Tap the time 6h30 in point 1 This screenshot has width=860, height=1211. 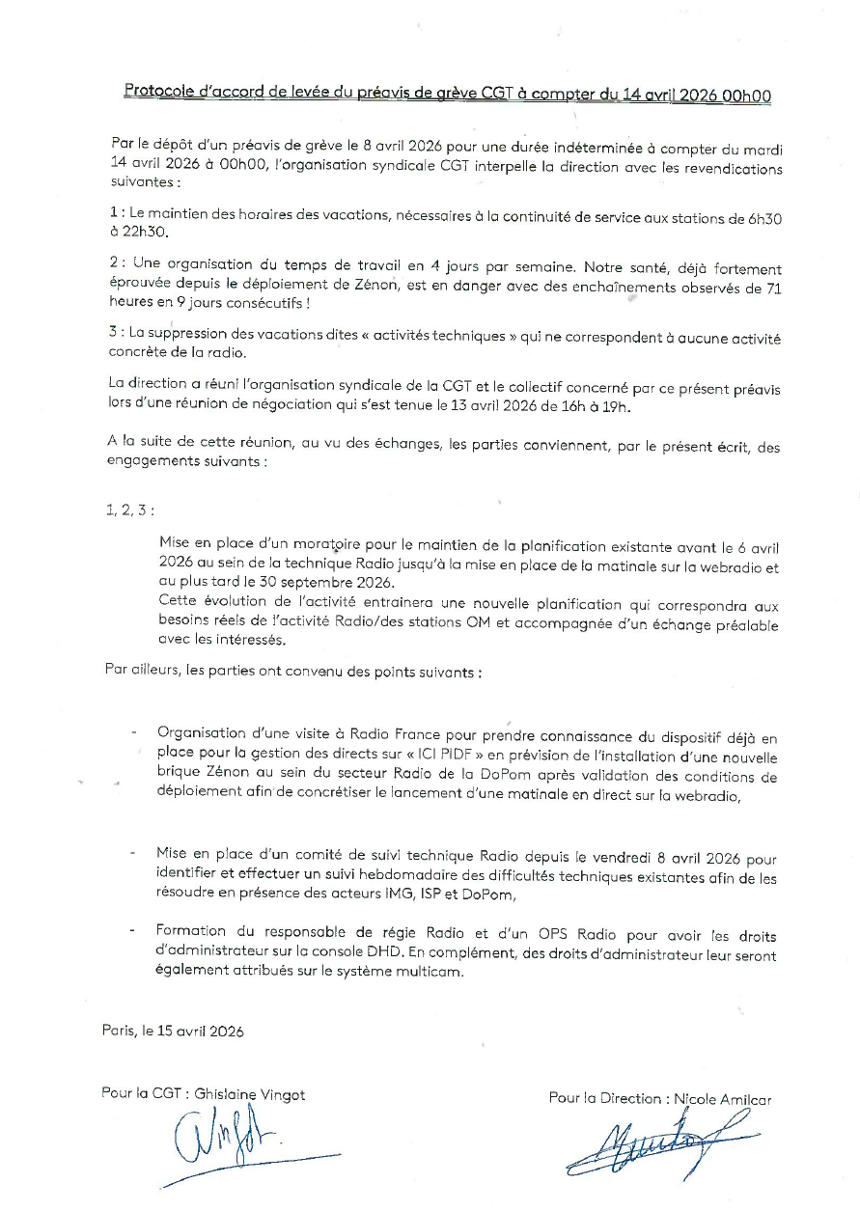point(763,219)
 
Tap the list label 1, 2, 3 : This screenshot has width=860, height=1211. point(129,510)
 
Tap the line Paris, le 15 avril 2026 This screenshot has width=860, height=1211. point(173,1031)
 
